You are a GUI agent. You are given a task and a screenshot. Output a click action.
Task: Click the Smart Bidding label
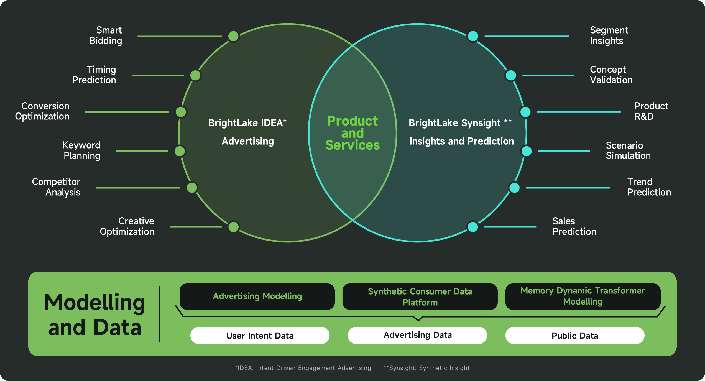106,35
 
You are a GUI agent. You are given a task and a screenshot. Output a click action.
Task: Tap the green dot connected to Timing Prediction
196,75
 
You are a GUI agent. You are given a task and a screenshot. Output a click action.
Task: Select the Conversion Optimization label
43,111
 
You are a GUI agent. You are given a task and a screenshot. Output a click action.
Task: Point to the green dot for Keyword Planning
180,151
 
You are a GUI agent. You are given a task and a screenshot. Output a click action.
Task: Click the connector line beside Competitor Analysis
138,188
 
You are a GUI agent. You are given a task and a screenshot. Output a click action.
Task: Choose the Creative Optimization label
127,226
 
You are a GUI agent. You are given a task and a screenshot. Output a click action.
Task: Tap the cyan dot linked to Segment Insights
473,36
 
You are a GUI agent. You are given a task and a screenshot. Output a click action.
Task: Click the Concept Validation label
611,75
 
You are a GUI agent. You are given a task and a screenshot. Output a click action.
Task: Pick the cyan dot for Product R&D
525,112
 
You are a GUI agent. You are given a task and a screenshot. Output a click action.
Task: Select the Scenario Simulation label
628,150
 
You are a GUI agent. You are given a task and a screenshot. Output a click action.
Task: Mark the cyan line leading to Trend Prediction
568,188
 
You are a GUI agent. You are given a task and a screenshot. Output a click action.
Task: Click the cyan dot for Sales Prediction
473,227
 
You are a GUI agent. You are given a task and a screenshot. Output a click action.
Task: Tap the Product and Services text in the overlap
352,133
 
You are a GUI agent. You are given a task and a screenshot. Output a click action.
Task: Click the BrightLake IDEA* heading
247,123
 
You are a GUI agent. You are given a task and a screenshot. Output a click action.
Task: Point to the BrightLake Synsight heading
460,123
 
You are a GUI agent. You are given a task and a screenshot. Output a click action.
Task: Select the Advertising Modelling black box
257,296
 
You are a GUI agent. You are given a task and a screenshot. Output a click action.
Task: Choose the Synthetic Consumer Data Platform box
420,297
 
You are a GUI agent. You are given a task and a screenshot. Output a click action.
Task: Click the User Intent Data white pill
260,336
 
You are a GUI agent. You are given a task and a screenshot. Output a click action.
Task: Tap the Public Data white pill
575,336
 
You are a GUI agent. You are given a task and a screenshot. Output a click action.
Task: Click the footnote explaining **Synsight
427,368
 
